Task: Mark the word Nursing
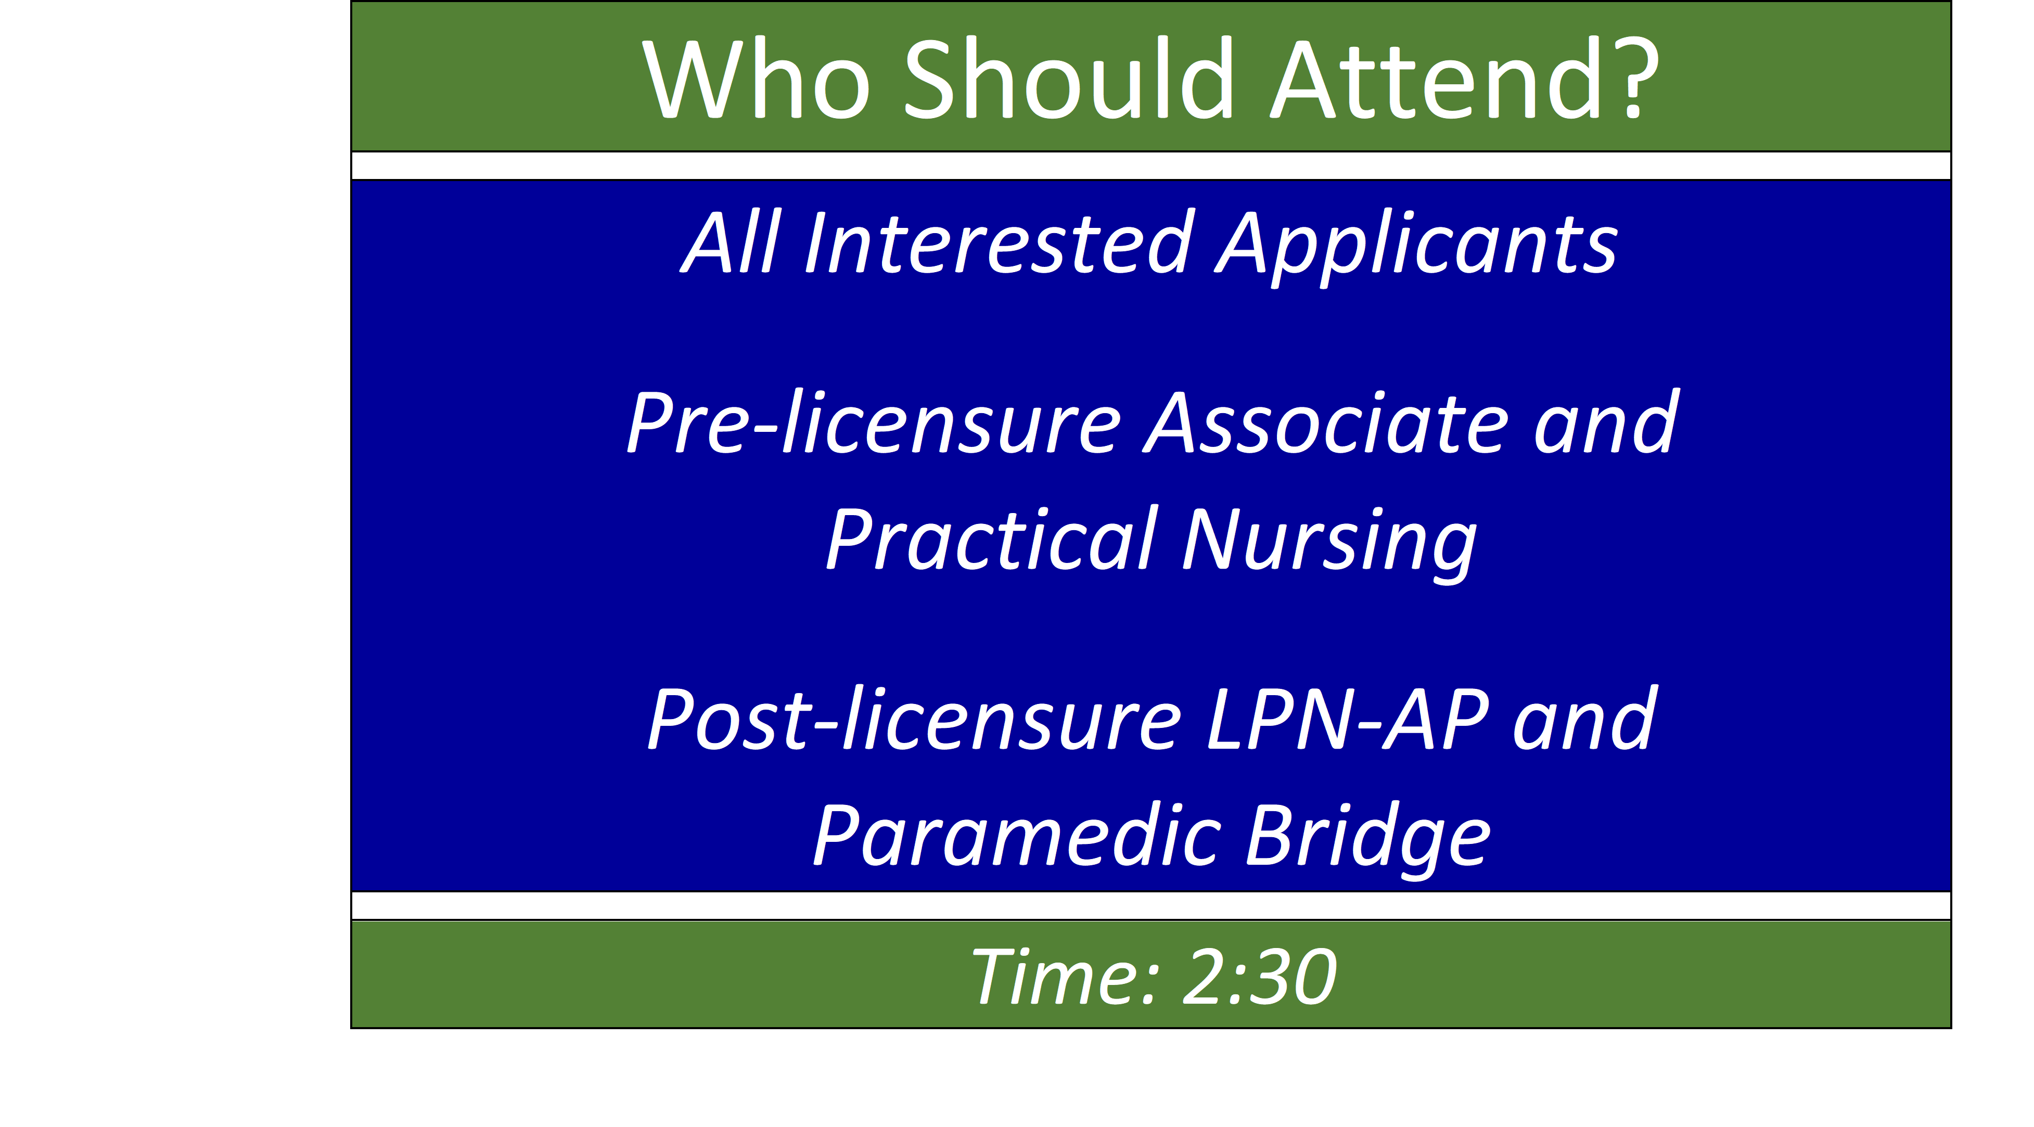1329,543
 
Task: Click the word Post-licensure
914,719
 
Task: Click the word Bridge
1368,839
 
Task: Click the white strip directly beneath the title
1150,166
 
